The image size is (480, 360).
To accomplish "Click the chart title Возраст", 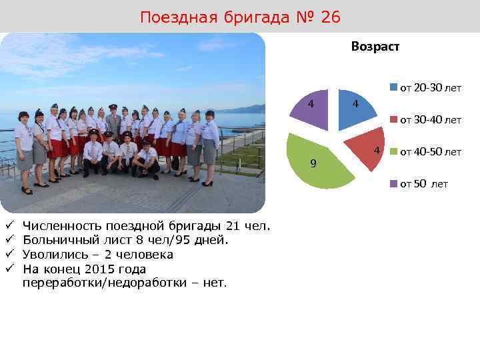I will coord(375,47).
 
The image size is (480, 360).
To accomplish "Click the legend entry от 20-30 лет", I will coord(430,88).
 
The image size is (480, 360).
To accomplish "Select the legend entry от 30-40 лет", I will coord(430,120).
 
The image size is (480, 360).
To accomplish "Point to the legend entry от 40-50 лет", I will coord(430,152).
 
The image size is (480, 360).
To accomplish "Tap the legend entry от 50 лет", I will coord(424,184).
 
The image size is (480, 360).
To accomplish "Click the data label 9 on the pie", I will coord(314,164).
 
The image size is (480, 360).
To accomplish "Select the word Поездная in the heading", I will coord(174,17).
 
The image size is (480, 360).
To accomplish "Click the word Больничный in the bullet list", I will coord(55,241).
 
